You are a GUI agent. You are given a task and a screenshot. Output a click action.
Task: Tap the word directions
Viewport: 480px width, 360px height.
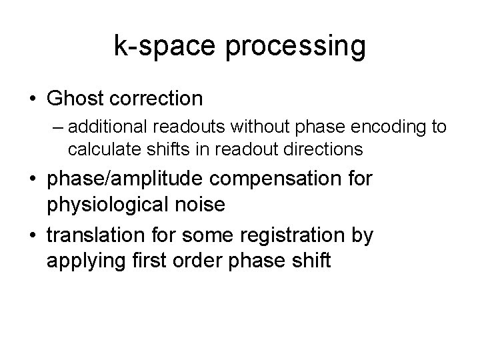[327, 149]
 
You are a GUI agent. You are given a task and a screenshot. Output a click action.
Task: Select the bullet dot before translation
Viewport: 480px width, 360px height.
[33, 235]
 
